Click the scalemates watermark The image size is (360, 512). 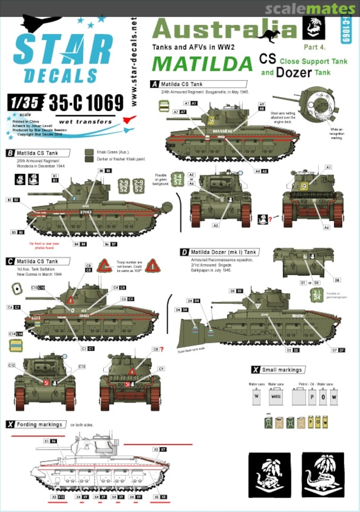click(310, 9)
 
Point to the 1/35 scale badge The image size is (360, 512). click(26, 102)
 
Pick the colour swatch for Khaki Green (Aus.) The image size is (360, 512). click(89, 152)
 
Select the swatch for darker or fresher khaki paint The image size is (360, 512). click(89, 159)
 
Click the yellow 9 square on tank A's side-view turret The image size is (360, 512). click(211, 121)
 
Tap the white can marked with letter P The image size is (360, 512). click(312, 396)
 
